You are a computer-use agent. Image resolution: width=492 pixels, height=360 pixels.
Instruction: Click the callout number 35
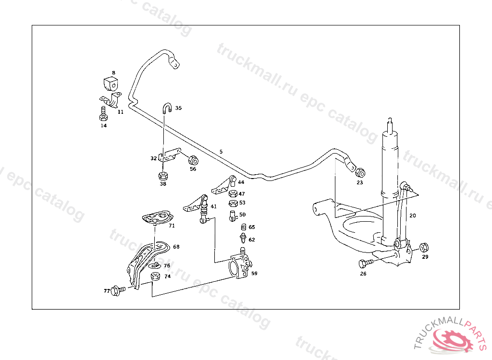click(x=178, y=108)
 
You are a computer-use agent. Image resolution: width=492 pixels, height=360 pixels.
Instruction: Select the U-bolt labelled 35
click(x=167, y=108)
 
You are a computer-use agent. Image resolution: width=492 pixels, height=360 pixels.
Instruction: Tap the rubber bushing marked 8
click(x=111, y=84)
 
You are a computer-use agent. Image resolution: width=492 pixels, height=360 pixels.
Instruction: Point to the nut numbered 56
click(x=193, y=160)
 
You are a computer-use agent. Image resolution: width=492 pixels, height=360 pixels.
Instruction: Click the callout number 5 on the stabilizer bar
click(x=221, y=152)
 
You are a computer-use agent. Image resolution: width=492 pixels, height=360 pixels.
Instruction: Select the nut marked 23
click(x=360, y=172)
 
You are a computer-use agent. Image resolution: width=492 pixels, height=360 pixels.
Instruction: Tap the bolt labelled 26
click(x=366, y=263)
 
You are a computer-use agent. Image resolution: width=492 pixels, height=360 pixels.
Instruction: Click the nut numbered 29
click(x=424, y=247)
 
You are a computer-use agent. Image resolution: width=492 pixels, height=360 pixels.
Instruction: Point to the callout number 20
click(x=413, y=216)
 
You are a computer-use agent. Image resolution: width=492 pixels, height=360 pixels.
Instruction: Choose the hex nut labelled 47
click(x=233, y=193)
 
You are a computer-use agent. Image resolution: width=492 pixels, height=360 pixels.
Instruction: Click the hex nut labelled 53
click(x=233, y=203)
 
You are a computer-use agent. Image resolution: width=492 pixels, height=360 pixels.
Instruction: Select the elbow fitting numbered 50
click(x=233, y=216)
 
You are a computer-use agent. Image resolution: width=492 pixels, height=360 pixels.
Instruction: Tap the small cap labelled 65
click(x=244, y=227)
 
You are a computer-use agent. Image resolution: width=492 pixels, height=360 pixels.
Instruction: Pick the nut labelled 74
click(x=155, y=276)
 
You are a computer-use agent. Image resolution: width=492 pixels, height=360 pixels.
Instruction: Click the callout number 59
click(x=254, y=274)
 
